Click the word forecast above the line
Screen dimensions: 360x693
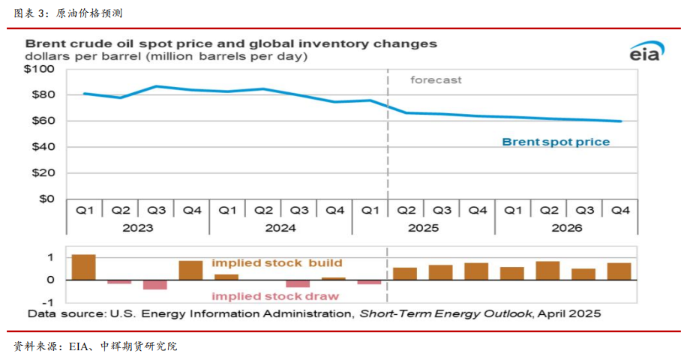[x=436, y=79]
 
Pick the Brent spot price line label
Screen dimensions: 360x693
[x=555, y=142]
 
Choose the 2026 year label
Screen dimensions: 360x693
[x=566, y=228]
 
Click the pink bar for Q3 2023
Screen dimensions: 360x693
[x=155, y=284]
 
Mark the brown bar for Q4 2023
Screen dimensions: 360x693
[x=190, y=270]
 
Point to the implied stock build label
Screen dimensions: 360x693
[x=277, y=263]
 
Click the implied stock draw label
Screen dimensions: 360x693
[x=284, y=295]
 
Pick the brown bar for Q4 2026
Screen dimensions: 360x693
[x=619, y=271]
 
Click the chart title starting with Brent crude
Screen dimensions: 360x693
[x=231, y=43]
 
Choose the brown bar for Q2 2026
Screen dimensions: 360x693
[x=547, y=270]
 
